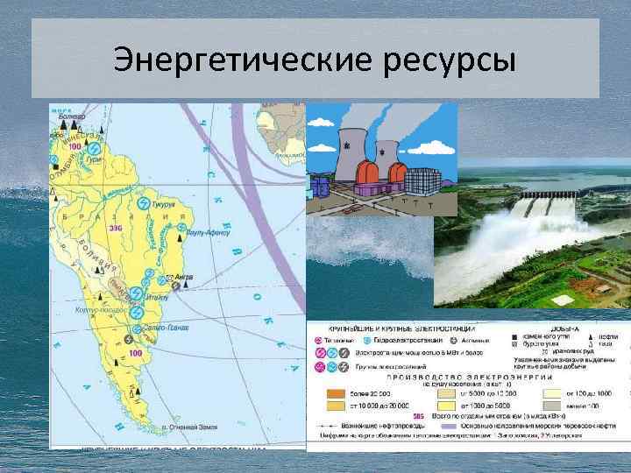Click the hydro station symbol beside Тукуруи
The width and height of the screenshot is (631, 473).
pos(142,202)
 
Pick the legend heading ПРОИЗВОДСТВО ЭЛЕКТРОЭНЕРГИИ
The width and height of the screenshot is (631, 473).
pos(469,375)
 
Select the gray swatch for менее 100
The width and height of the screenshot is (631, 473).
pos(554,406)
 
